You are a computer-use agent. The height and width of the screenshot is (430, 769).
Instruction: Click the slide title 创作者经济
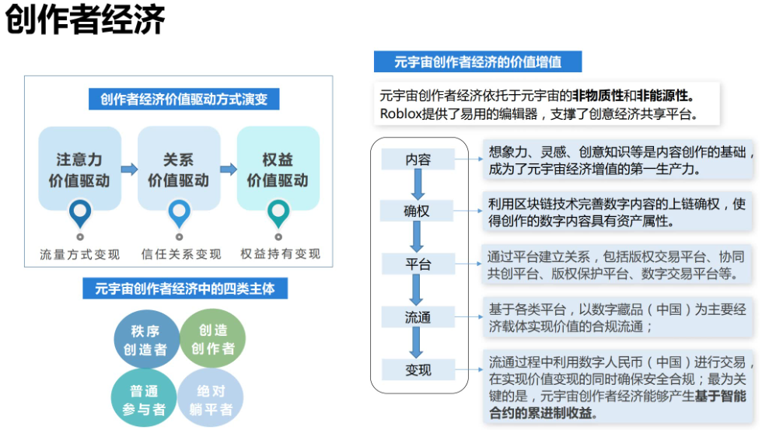tap(86, 21)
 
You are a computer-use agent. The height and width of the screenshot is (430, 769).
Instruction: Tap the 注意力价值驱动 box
tap(79, 170)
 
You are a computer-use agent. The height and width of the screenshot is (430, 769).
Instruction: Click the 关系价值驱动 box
tap(178, 170)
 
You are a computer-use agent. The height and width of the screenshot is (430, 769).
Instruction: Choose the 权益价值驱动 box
tap(278, 170)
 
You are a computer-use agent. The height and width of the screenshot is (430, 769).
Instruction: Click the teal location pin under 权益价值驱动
tap(278, 212)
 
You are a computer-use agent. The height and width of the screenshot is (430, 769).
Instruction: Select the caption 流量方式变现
tap(80, 254)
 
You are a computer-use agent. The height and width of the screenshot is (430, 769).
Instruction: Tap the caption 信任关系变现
tap(180, 254)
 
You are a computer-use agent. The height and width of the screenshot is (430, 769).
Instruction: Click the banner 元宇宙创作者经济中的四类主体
tap(184, 289)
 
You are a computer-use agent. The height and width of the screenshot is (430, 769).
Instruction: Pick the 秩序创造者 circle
tap(145, 340)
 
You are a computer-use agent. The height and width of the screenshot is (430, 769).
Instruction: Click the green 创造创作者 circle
tap(212, 339)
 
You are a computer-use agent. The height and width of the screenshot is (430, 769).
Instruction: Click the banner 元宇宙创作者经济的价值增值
tap(477, 61)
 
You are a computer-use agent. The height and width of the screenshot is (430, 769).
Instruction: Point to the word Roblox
tap(400, 114)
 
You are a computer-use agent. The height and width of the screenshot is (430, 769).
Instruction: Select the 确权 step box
tap(418, 212)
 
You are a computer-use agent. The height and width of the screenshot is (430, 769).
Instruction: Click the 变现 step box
tap(418, 370)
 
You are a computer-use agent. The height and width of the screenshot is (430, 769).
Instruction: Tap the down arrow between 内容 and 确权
tap(418, 185)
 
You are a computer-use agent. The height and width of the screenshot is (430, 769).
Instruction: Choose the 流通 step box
tap(418, 317)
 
